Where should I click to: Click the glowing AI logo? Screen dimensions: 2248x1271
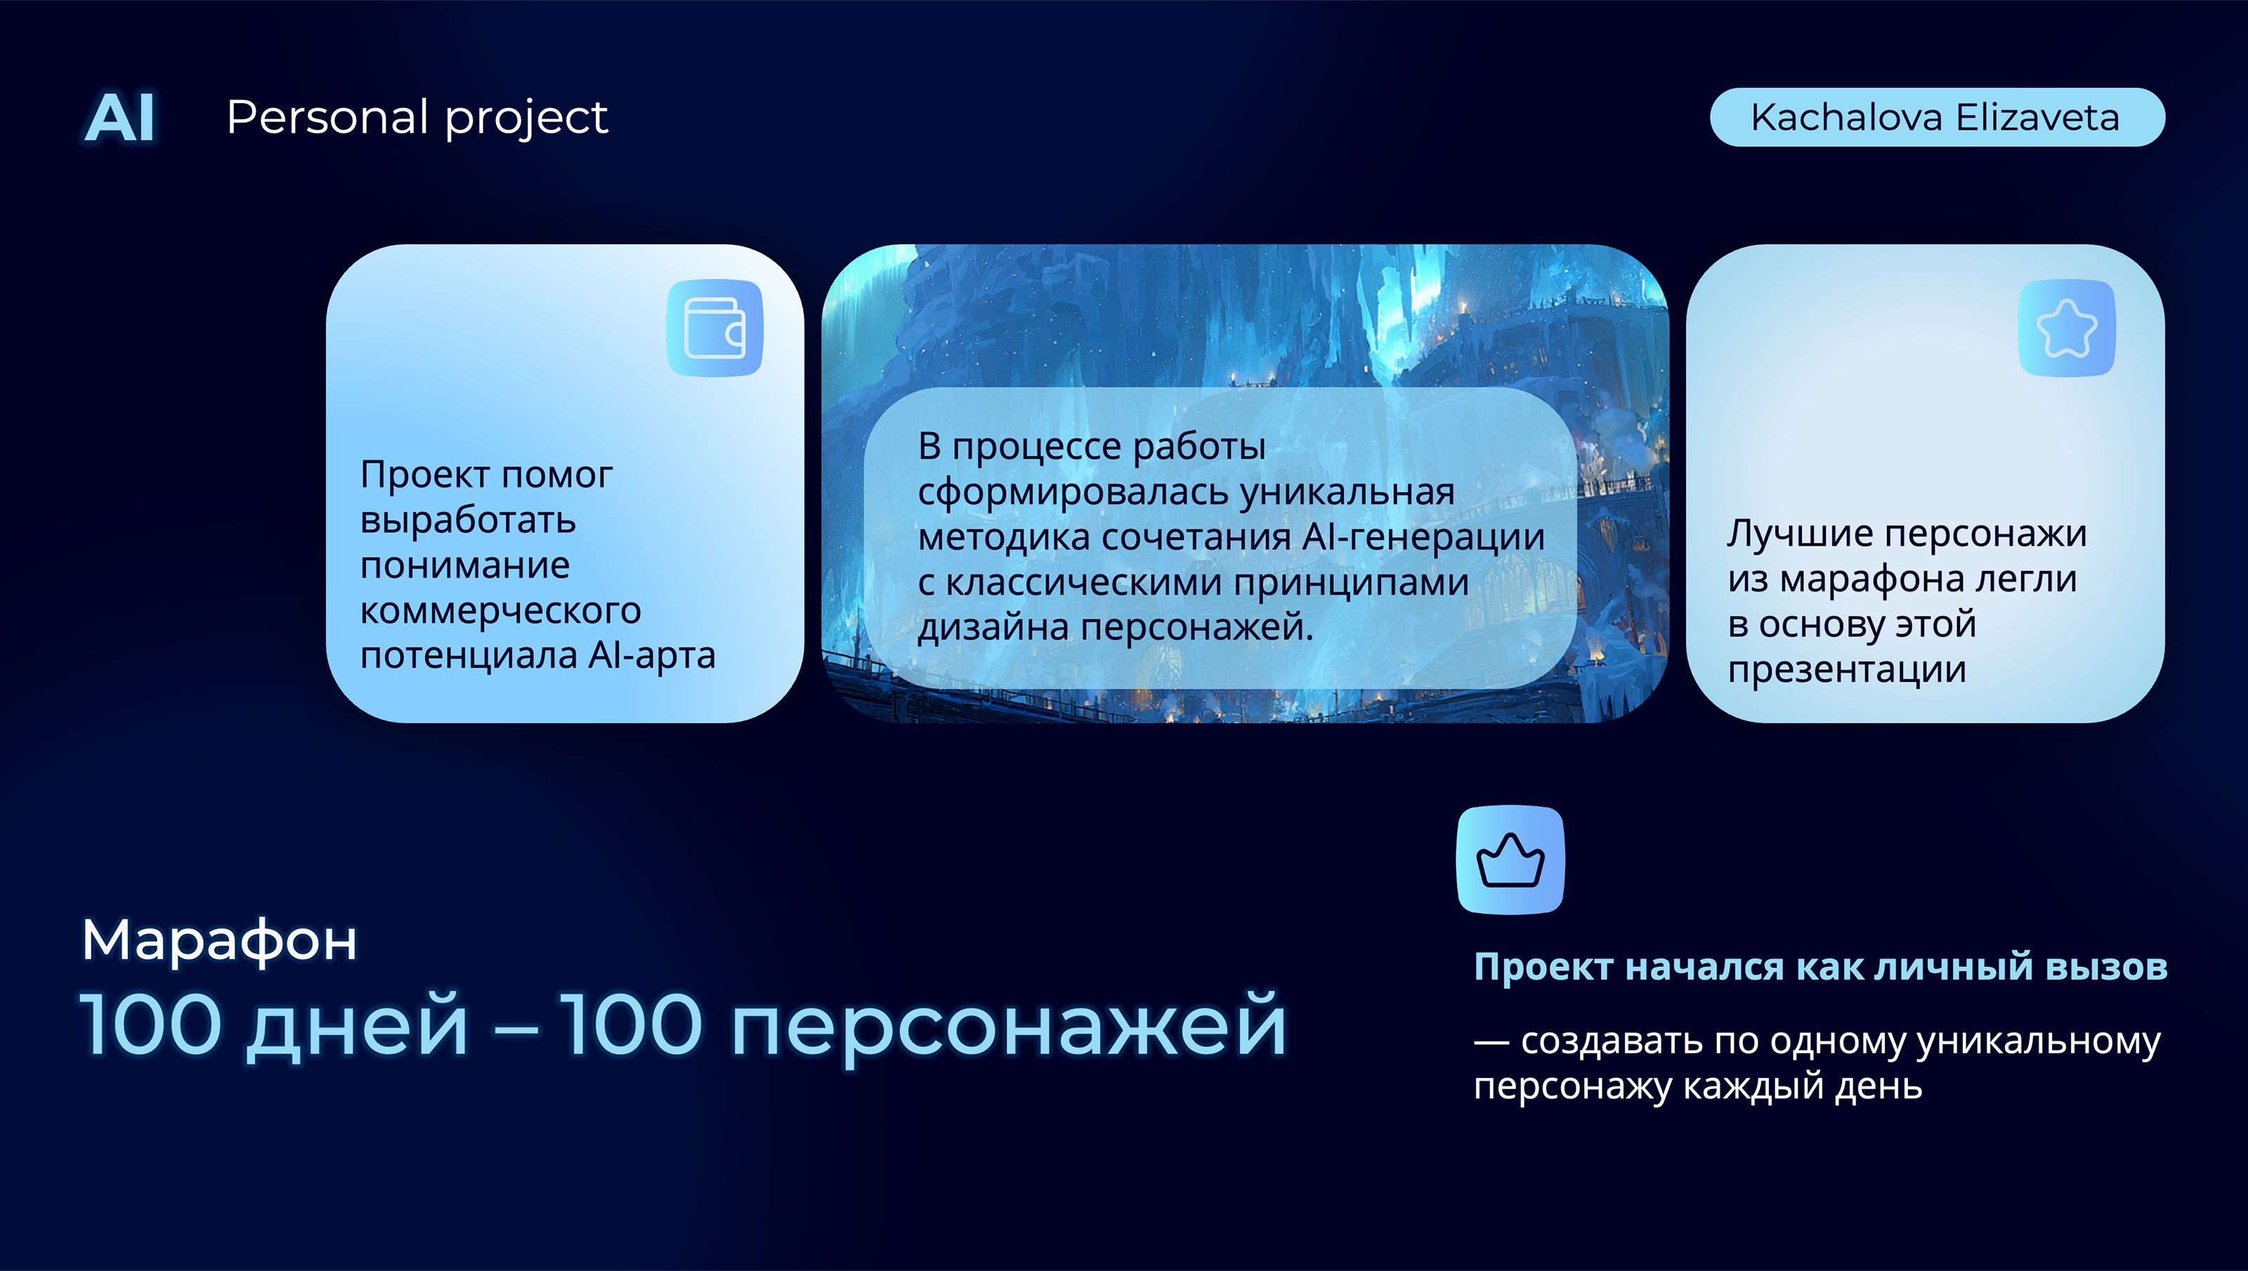click(120, 118)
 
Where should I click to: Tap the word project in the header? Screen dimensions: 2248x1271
click(526, 119)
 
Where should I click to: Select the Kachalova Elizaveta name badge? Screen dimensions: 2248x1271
click(1936, 117)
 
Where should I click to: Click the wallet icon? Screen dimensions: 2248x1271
click(715, 328)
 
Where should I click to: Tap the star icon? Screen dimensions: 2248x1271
click(2067, 328)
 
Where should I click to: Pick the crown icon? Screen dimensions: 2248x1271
click(1510, 860)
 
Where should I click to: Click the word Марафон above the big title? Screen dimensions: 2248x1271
click(219, 940)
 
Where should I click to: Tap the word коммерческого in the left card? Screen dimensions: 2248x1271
click(500, 610)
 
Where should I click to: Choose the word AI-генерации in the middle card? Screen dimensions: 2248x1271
click(1423, 537)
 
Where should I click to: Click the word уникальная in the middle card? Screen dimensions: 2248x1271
click(1347, 492)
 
